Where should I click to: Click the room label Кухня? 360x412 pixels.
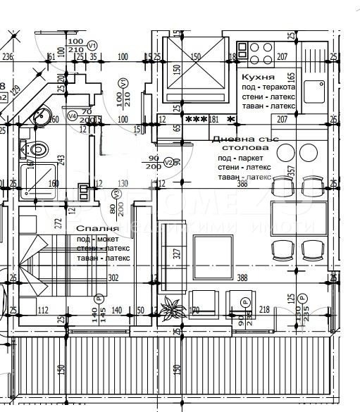(x=257, y=76)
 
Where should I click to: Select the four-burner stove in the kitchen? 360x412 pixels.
(x=259, y=52)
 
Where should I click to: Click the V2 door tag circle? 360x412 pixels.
(x=168, y=162)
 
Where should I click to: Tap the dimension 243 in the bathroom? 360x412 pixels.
(x=61, y=162)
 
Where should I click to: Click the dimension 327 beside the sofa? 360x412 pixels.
(x=177, y=252)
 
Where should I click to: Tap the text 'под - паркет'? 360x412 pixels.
(x=239, y=159)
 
